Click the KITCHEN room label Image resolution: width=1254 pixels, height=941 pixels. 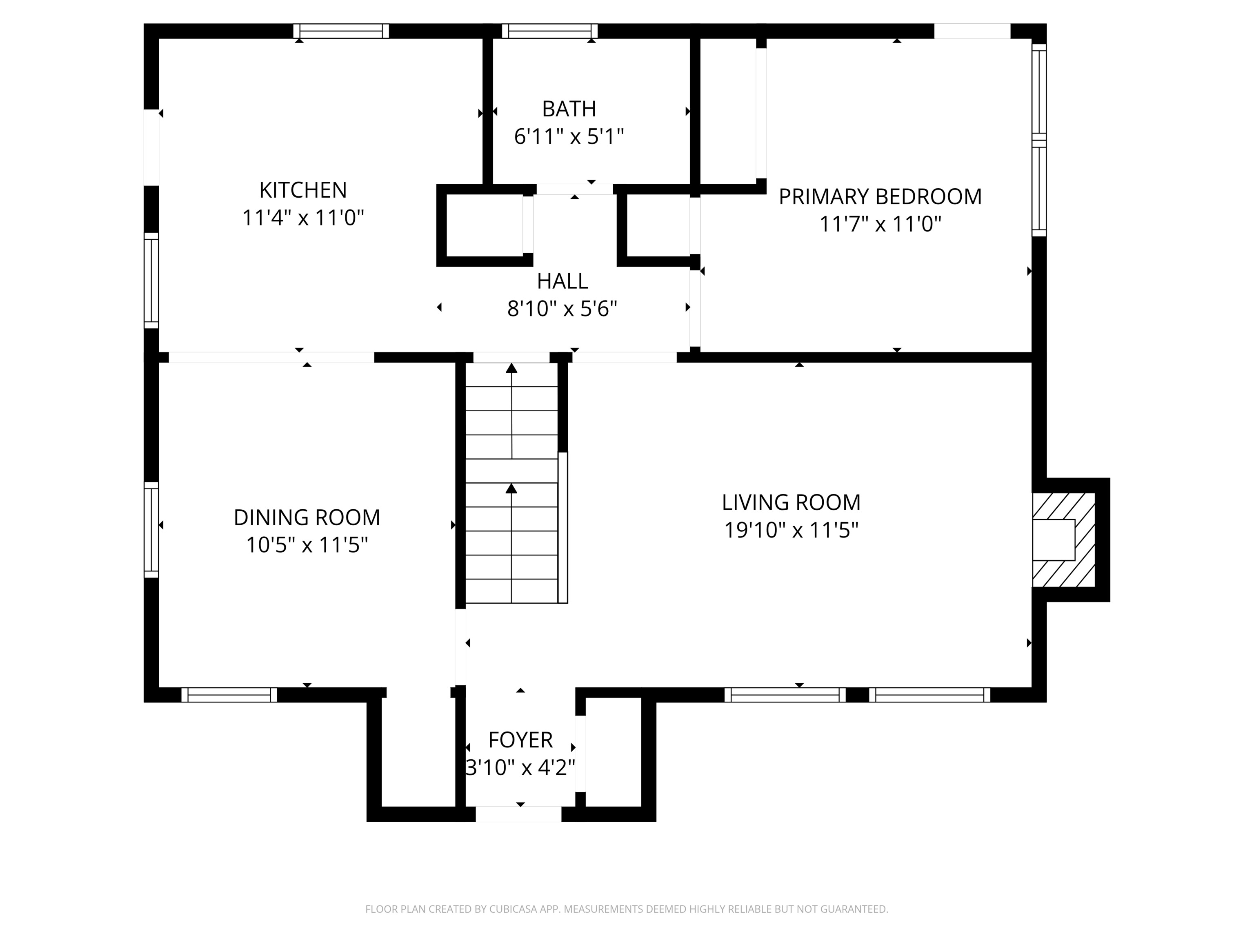[x=303, y=190]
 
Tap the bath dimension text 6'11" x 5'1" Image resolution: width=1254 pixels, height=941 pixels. [x=569, y=137]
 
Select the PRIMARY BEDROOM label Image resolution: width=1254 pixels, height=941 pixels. [x=880, y=197]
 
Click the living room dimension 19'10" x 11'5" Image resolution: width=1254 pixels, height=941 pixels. [x=792, y=531]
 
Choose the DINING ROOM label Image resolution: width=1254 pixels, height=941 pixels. [x=307, y=517]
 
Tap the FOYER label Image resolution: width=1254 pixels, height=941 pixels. [x=520, y=740]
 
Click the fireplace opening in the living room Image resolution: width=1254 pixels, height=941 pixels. [x=1053, y=540]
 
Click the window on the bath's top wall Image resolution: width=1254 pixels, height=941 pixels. [x=550, y=31]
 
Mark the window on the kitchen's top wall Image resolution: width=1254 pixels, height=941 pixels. [x=341, y=31]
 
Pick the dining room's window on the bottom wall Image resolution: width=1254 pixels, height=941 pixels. [x=229, y=695]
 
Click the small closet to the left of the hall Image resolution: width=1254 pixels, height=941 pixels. [x=484, y=225]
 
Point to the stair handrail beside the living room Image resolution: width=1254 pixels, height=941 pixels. [x=563, y=528]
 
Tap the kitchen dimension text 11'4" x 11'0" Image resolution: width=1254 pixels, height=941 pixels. [x=303, y=218]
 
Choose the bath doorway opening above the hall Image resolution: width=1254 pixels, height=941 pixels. [x=574, y=190]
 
